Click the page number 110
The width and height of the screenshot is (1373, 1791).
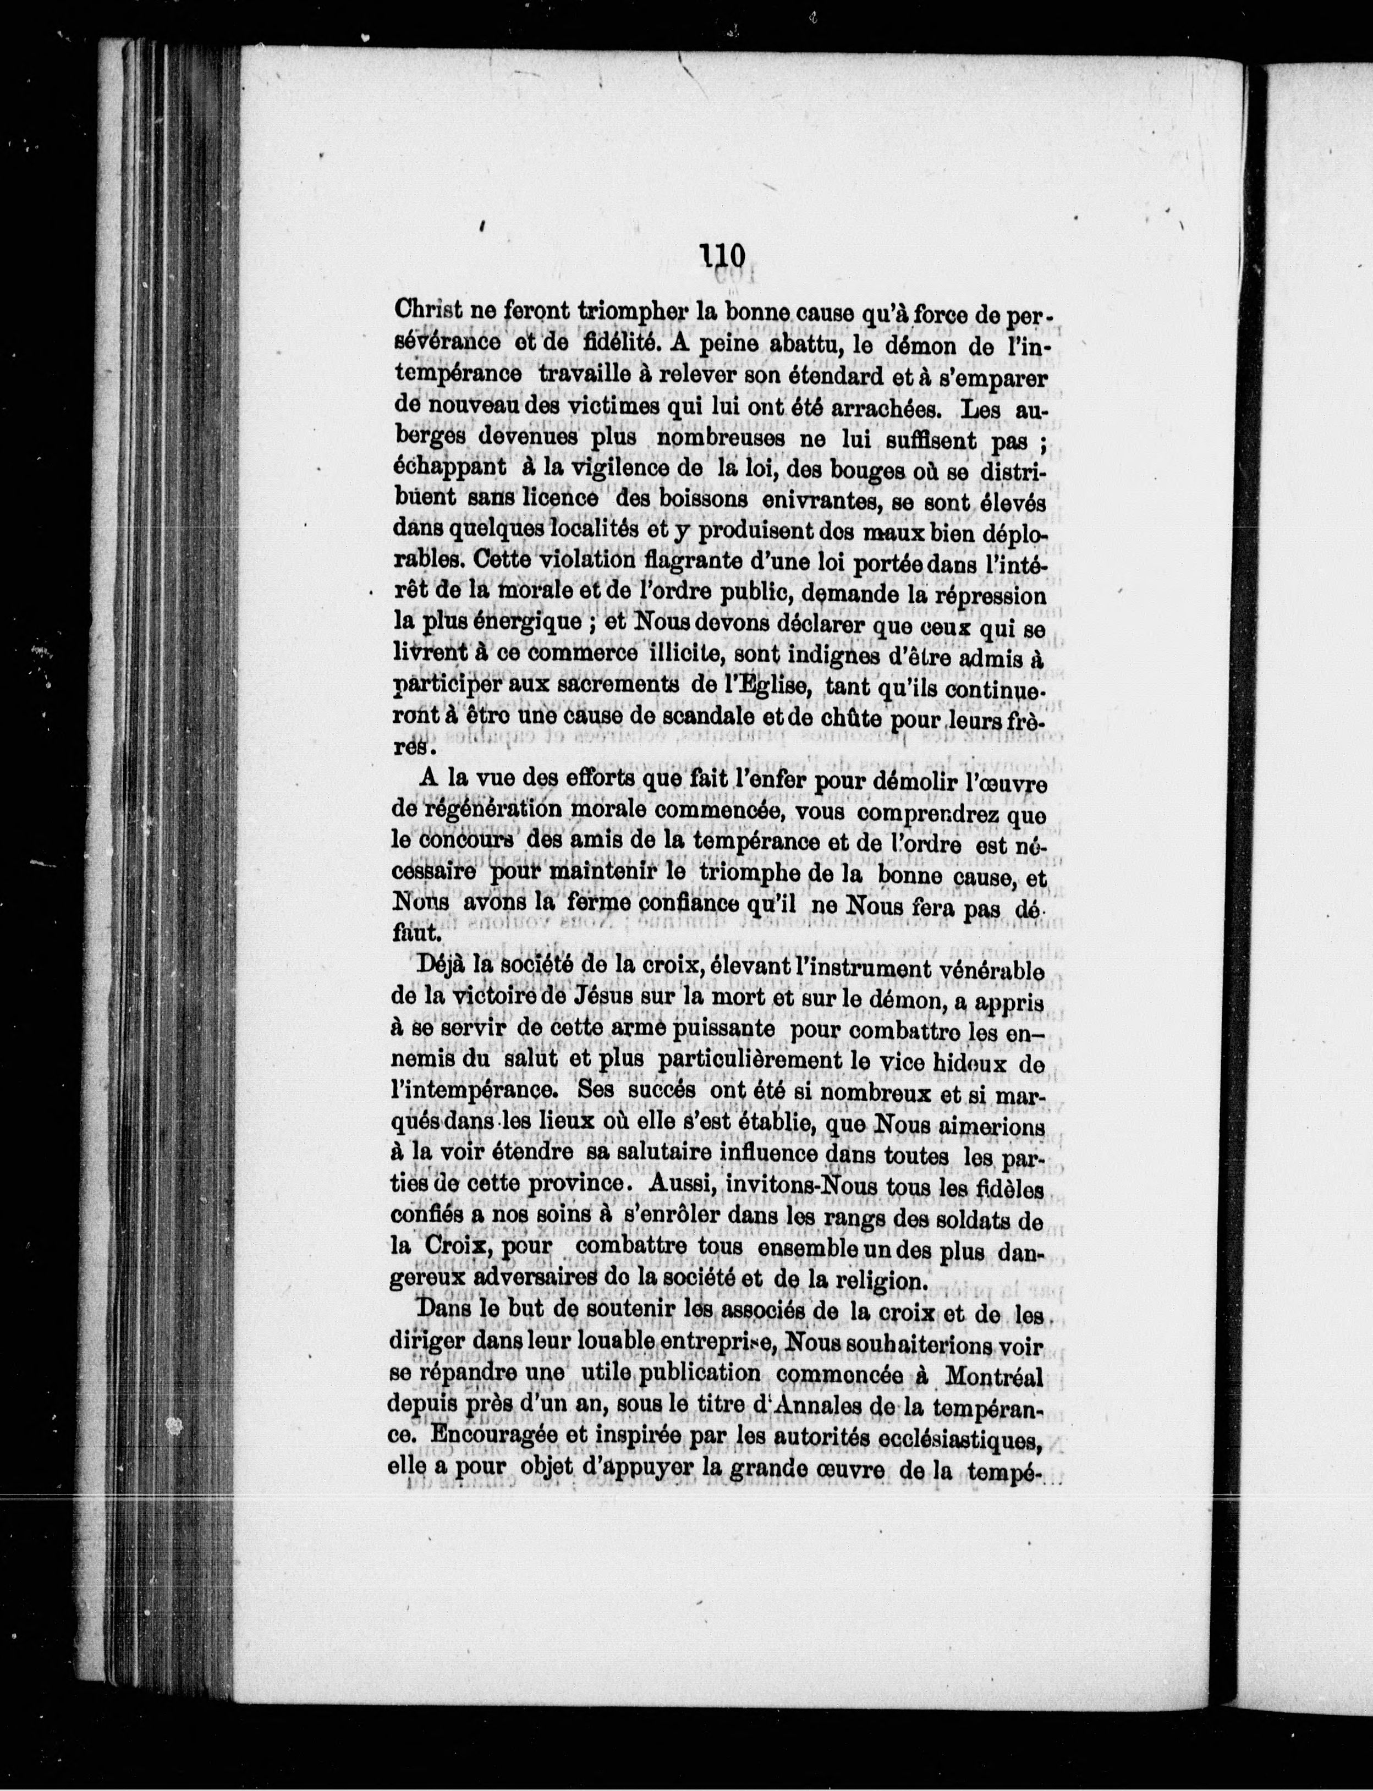722,256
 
